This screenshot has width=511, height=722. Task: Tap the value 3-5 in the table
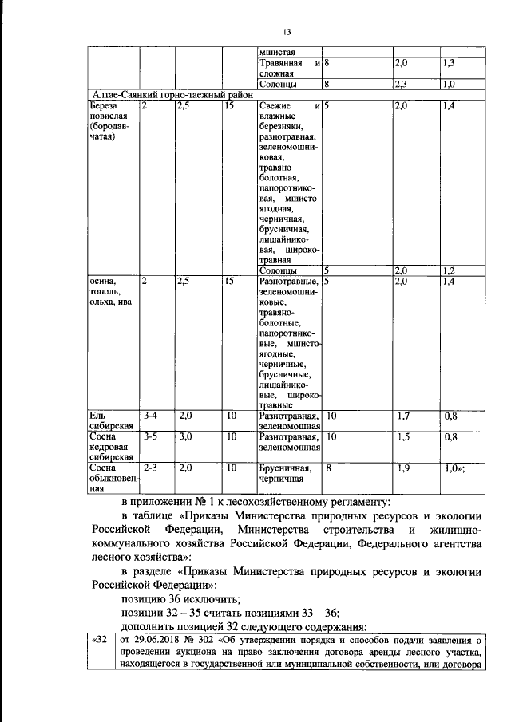[x=151, y=437]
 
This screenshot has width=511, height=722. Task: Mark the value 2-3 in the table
[x=151, y=468]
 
